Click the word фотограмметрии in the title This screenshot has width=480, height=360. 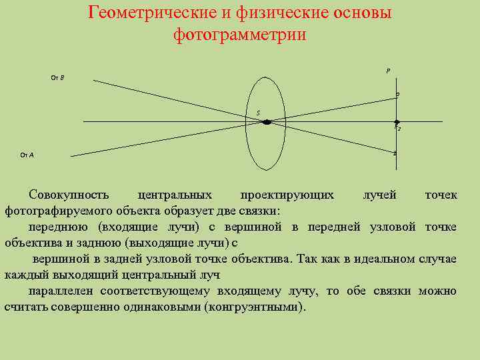[239, 34]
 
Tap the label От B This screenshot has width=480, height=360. [57, 78]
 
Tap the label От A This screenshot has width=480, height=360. [27, 155]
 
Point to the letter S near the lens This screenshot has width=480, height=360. [258, 113]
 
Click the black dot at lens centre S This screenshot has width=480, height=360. [267, 122]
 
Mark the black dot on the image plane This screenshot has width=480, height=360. [397, 122]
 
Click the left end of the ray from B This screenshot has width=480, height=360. [93, 81]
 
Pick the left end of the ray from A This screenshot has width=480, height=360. [71, 156]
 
